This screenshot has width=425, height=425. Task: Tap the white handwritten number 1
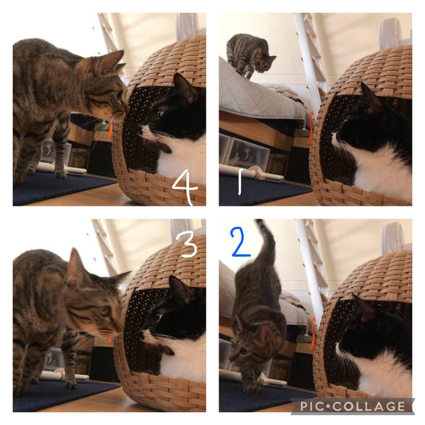(240, 182)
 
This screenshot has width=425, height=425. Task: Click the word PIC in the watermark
(312, 406)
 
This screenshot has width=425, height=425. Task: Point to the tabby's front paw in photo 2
(251, 388)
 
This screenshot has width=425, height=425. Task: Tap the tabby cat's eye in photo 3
(105, 311)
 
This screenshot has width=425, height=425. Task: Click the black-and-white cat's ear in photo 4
(184, 86)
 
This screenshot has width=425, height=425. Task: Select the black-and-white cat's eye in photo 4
(161, 113)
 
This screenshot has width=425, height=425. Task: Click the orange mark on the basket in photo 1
(310, 127)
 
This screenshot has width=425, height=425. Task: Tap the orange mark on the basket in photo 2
(313, 333)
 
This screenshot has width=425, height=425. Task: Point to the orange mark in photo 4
(110, 130)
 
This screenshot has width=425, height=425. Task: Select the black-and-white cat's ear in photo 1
(371, 96)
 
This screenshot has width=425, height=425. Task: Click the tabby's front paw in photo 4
(61, 174)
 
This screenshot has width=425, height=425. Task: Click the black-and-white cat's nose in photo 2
(336, 345)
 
